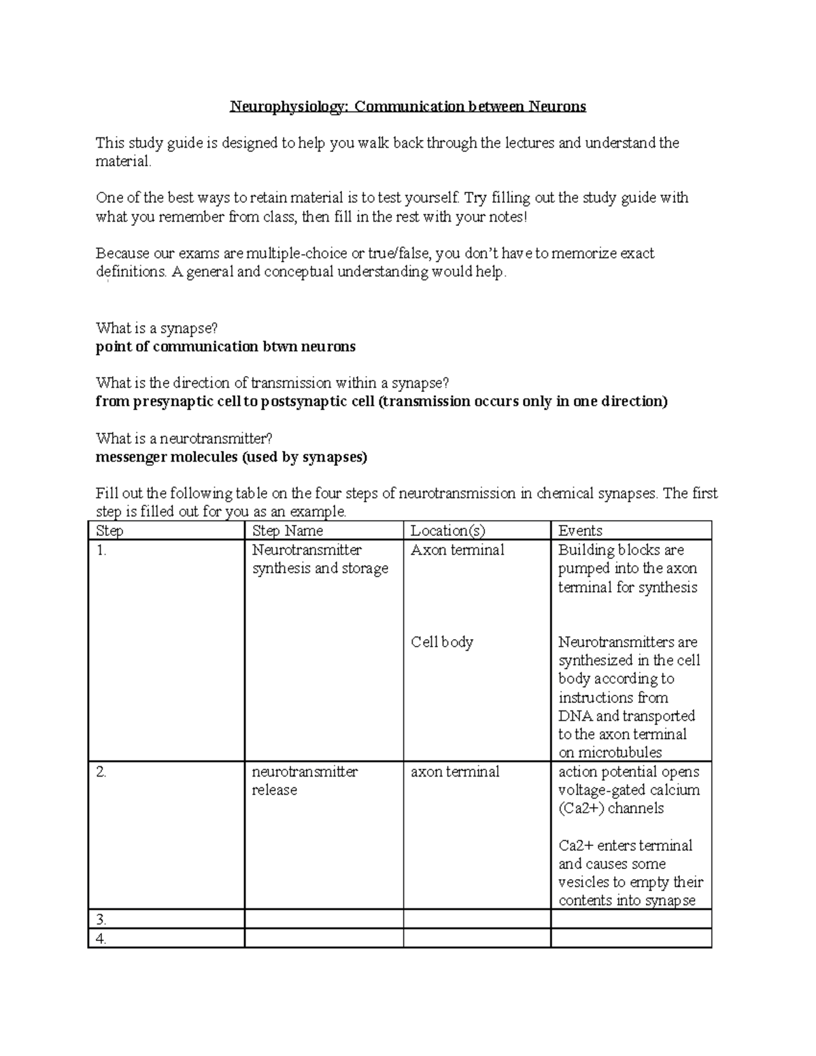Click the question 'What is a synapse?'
157,328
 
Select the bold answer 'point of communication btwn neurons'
226,347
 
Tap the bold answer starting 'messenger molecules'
231,457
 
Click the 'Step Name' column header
287,530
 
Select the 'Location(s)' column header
447,530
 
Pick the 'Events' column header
580,530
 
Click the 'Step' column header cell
110,530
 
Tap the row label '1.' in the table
101,550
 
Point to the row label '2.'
102,772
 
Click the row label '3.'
102,920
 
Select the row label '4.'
102,939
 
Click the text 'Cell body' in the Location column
442,642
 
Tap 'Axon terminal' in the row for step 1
457,550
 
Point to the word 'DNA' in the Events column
575,716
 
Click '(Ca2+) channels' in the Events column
611,808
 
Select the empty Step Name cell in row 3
324,920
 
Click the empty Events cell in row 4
630,939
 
